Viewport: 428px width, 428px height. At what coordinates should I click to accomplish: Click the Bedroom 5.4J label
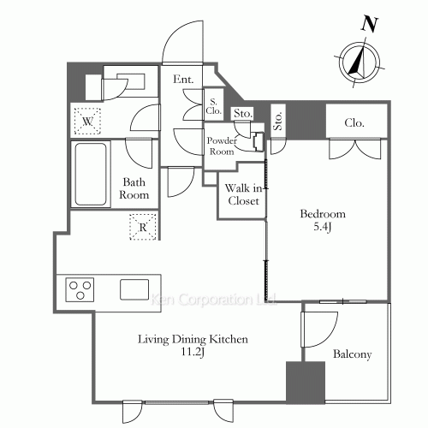[x=323, y=220]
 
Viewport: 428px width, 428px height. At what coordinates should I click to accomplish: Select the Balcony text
[x=353, y=354]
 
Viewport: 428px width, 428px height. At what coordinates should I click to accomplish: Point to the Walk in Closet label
[x=243, y=194]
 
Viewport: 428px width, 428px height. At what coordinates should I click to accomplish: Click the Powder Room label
[x=222, y=146]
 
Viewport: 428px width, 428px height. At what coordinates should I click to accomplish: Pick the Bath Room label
[x=134, y=188]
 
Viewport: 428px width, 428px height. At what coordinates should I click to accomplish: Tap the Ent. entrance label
[x=183, y=79]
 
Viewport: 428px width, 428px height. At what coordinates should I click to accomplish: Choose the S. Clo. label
[x=214, y=106]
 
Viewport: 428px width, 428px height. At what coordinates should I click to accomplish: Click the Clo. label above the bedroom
[x=354, y=122]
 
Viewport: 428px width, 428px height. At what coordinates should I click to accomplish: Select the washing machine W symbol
[x=87, y=122]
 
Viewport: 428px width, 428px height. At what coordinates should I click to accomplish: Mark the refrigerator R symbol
[x=143, y=227]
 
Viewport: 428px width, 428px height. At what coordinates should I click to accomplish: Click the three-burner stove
[x=80, y=289]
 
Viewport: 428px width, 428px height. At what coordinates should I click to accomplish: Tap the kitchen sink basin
[x=134, y=289]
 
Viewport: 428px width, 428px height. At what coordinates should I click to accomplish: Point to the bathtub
[x=91, y=174]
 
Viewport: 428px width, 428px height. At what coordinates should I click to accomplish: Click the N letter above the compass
[x=370, y=24]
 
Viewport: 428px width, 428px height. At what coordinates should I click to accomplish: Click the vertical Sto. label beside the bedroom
[x=278, y=121]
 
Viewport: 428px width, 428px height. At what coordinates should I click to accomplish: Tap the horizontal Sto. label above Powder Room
[x=243, y=114]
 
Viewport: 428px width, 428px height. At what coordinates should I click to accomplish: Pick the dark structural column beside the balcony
[x=306, y=383]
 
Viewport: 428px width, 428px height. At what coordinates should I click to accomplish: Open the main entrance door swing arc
[x=175, y=33]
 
